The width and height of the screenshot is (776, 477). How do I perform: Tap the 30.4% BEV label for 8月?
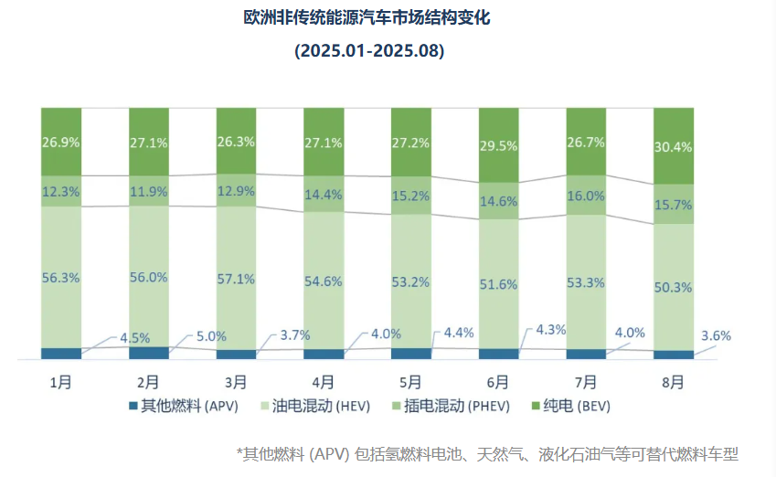pyautogui.click(x=674, y=147)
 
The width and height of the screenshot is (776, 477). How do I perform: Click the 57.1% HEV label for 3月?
pyautogui.click(x=236, y=279)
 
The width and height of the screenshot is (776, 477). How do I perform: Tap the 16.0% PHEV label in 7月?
pyautogui.click(x=586, y=196)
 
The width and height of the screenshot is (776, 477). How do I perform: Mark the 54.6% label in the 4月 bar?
pyautogui.click(x=324, y=280)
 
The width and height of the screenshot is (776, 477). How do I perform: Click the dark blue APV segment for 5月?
pyautogui.click(x=411, y=354)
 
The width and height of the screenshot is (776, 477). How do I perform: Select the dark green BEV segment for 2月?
pyautogui.click(x=148, y=142)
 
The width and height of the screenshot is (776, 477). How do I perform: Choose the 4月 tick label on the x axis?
pyautogui.click(x=323, y=382)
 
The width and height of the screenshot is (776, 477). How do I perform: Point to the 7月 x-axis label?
pyautogui.click(x=586, y=382)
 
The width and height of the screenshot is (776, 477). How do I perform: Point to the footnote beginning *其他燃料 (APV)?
pyautogui.click(x=486, y=453)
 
